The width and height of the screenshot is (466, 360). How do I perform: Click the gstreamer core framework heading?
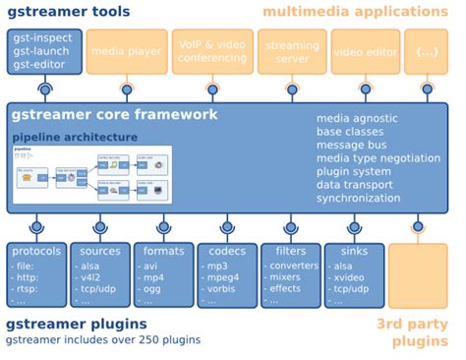coord(114,115)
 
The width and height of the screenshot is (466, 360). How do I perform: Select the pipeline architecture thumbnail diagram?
coord(91,175)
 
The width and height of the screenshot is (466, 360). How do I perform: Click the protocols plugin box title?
coord(37,251)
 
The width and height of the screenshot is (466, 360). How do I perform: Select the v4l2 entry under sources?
coord(94,278)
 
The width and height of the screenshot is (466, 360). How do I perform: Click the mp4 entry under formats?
coord(155,278)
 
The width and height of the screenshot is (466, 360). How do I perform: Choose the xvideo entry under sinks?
coord(347,278)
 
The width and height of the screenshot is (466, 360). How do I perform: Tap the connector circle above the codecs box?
coord(227,228)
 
